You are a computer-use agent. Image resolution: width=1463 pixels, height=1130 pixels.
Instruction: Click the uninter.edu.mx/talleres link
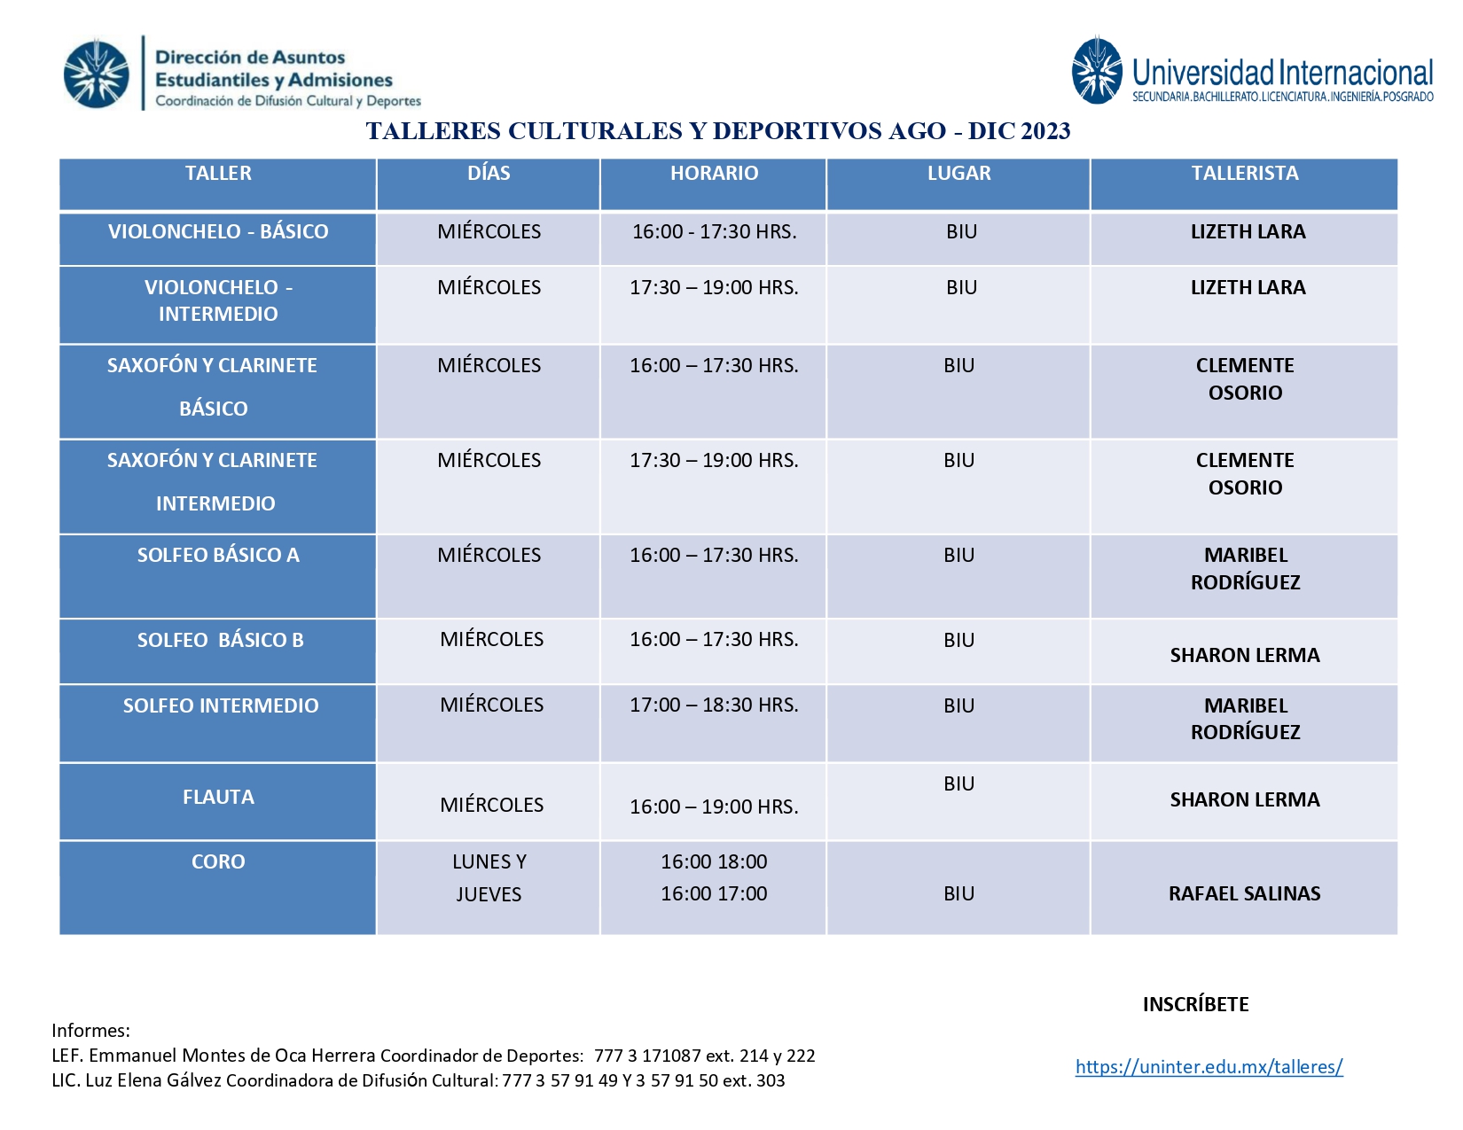coord(1209,1066)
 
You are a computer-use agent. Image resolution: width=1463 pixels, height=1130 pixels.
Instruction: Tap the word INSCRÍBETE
coord(1195,1004)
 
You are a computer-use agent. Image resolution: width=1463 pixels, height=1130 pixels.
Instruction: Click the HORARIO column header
coord(714,174)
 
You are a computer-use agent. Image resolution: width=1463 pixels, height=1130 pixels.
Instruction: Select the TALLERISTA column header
coord(1244,174)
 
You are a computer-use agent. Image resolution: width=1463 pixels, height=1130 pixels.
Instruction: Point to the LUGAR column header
coord(958,174)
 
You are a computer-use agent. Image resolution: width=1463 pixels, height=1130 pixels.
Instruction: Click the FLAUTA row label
coord(218,797)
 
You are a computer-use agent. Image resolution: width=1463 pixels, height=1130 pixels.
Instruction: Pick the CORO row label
coord(218,861)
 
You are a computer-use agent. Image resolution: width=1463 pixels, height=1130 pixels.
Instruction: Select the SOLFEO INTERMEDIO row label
coord(221,705)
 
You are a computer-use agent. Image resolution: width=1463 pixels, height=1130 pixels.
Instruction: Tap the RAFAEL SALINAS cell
coord(1244,893)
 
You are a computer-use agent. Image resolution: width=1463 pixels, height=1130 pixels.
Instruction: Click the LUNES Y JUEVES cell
coord(489,877)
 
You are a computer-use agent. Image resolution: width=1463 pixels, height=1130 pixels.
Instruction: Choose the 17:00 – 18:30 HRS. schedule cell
coord(714,705)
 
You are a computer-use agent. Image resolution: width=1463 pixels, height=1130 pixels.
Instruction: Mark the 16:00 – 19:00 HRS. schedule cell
coord(714,807)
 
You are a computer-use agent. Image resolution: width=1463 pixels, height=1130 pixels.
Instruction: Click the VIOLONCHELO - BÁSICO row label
coord(218,232)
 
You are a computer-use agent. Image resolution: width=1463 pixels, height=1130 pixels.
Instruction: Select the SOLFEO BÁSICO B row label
coord(220,640)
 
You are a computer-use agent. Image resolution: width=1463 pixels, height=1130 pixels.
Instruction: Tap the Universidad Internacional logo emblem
coord(1097,71)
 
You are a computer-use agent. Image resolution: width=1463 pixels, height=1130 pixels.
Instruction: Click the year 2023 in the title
coord(1044,131)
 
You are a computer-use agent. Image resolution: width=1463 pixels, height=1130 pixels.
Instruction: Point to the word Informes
coord(90,1030)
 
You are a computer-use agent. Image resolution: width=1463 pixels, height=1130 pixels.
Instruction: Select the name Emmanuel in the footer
coord(128,1056)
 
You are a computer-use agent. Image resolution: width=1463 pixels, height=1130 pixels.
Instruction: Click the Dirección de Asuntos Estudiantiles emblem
coord(97,74)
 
